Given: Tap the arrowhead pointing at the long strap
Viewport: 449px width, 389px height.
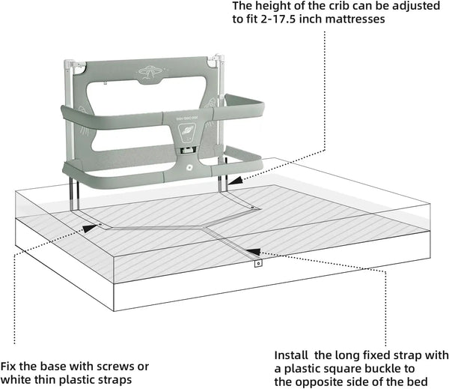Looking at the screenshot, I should (252, 253).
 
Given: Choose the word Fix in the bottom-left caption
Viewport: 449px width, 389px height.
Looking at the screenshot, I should (9, 367).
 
